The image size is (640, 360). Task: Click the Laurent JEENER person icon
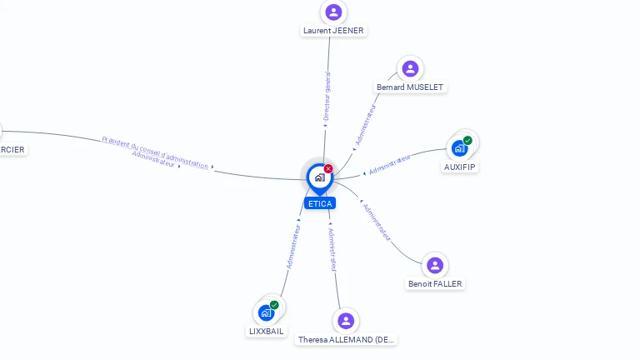pyautogui.click(x=333, y=12)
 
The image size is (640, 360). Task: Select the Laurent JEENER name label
pyautogui.click(x=333, y=31)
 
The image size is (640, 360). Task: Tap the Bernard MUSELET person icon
pyautogui.click(x=409, y=68)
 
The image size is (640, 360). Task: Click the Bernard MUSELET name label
pyautogui.click(x=411, y=87)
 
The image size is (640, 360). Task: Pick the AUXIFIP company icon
pyautogui.click(x=459, y=148)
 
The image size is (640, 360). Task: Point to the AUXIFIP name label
pyautogui.click(x=460, y=167)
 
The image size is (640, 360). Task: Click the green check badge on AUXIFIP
pyautogui.click(x=467, y=141)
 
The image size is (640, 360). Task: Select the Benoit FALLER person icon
pyautogui.click(x=434, y=265)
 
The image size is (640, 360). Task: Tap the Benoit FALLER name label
pyautogui.click(x=435, y=284)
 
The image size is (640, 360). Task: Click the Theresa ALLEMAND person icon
pyautogui.click(x=346, y=321)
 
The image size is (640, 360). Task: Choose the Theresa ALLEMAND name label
pyautogui.click(x=347, y=340)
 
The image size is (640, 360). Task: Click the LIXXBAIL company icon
pyautogui.click(x=267, y=312)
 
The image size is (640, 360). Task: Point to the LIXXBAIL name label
pyautogui.click(x=267, y=331)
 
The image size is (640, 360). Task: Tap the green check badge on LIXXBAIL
pyautogui.click(x=274, y=305)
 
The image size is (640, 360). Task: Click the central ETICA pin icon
pyautogui.click(x=319, y=177)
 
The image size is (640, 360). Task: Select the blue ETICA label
pyautogui.click(x=320, y=203)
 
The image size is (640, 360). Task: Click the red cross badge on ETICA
pyautogui.click(x=328, y=169)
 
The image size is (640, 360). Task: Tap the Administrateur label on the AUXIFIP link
pyautogui.click(x=390, y=163)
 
